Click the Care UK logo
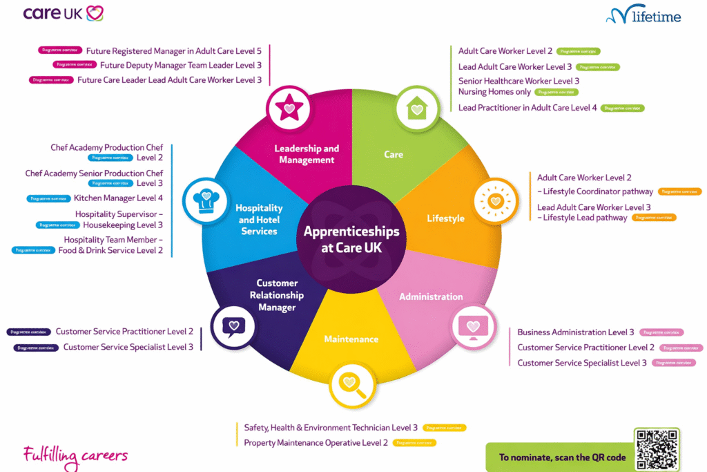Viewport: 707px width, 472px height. [x=64, y=13]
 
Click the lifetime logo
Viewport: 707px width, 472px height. [x=643, y=15]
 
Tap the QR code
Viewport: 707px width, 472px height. [x=657, y=450]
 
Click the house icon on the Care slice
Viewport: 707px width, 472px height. [x=416, y=107]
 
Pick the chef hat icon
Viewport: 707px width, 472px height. [x=205, y=200]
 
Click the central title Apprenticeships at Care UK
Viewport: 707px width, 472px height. [x=351, y=239]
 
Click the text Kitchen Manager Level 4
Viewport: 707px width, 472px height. [x=118, y=198]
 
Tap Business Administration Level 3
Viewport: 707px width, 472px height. [x=575, y=332]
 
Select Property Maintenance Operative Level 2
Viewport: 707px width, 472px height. [x=316, y=442]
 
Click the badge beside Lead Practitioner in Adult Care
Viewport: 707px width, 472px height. [x=623, y=108]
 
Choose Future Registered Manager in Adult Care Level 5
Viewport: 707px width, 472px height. [x=173, y=50]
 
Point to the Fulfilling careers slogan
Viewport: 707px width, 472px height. [x=75, y=455]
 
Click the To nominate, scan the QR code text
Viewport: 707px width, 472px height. [x=562, y=457]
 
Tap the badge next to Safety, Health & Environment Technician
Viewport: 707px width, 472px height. [x=445, y=428]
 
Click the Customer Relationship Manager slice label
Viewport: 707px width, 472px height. [x=277, y=295]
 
